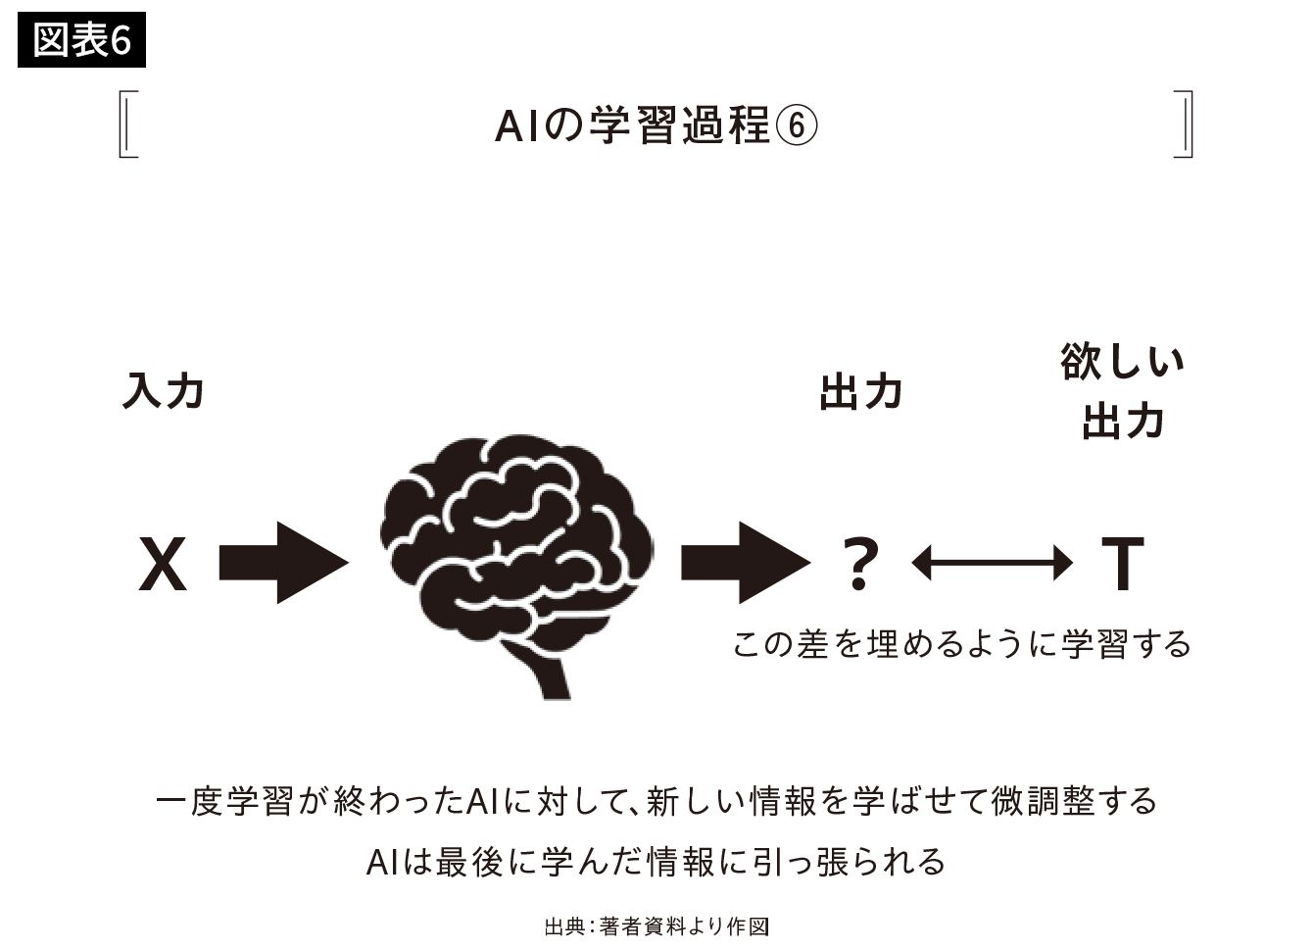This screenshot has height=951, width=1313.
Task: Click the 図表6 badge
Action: [81, 41]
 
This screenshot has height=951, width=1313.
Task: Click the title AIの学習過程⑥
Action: [655, 125]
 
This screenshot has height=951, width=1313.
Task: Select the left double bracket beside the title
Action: [127, 125]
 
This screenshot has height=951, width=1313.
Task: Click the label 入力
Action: [163, 391]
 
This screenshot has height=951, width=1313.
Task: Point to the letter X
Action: [163, 565]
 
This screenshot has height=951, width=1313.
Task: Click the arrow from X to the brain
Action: [282, 563]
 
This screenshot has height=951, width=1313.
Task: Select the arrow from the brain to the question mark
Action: [745, 563]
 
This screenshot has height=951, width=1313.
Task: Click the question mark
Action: [859, 565]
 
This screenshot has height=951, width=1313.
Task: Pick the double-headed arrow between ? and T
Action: [991, 563]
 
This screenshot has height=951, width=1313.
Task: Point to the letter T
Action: [1122, 565]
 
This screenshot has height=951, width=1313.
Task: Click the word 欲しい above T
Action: [1122, 362]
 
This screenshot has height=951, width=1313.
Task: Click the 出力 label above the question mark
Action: [860, 393]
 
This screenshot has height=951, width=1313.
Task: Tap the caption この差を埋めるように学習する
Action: [961, 645]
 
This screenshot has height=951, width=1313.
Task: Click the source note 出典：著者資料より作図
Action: [656, 926]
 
